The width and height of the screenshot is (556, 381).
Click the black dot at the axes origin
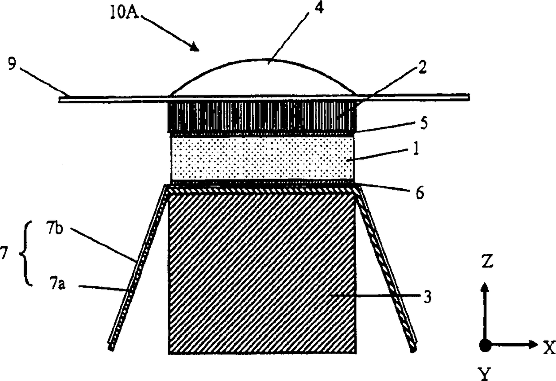pyautogui.click(x=485, y=345)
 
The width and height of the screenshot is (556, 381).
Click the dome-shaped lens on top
pyautogui.click(x=262, y=79)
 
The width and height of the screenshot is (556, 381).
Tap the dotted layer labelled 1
pyautogui.click(x=262, y=158)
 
